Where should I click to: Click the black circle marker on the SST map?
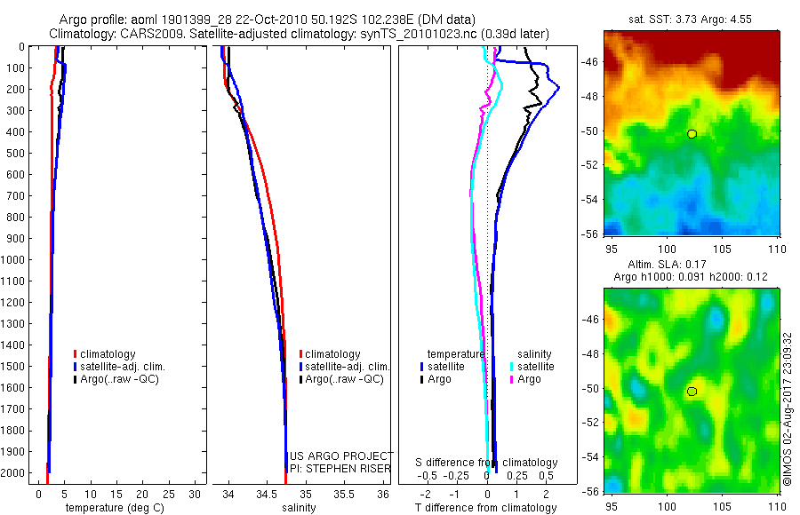point(692,134)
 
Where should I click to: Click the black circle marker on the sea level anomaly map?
point(692,391)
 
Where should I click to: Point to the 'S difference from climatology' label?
point(487,463)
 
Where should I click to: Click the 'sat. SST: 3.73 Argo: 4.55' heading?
point(692,20)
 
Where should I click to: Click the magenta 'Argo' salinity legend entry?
point(529,379)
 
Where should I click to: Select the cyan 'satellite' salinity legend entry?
point(536,366)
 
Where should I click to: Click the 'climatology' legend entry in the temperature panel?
point(110,354)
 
